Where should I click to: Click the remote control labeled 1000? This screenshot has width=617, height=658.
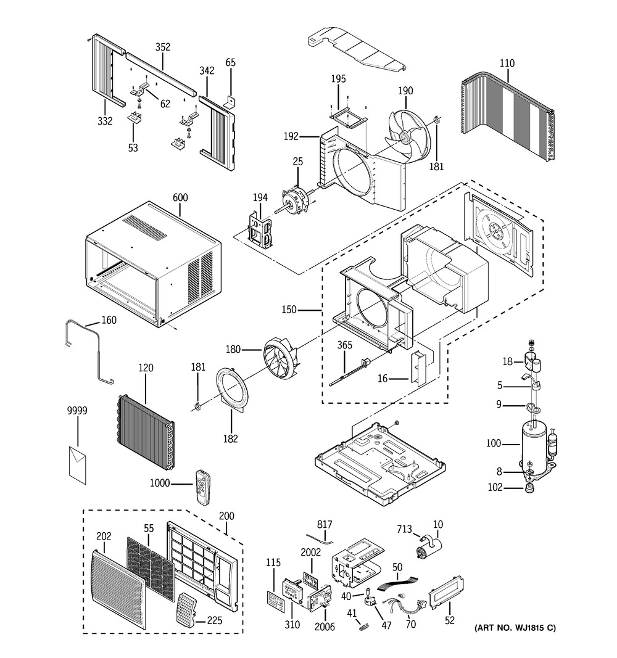(203, 487)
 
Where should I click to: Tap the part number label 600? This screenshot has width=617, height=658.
(181, 198)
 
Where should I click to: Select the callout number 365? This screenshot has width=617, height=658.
(344, 345)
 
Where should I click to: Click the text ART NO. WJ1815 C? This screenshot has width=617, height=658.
(515, 628)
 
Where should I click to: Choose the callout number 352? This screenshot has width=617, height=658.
(163, 47)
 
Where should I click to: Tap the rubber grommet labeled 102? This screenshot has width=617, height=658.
(529, 489)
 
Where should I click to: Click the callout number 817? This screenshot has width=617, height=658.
(325, 524)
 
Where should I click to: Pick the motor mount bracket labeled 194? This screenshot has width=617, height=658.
(260, 229)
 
